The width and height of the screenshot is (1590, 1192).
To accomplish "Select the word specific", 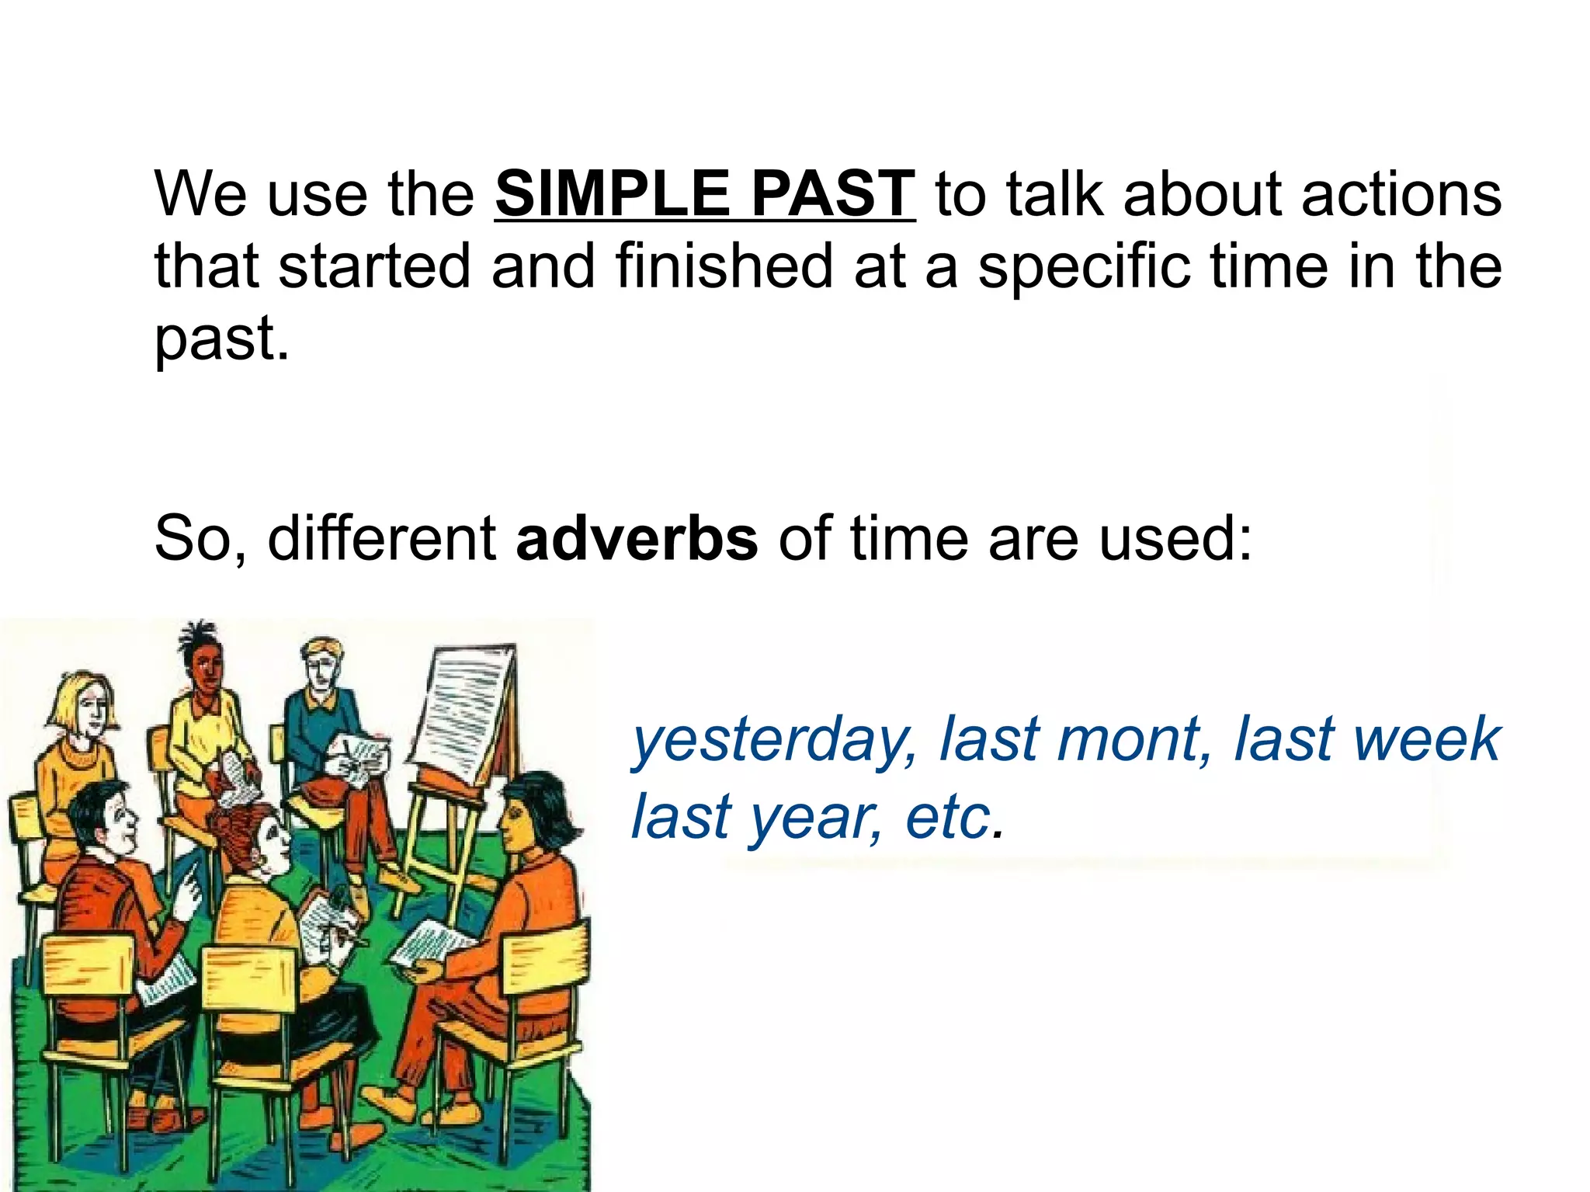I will tap(1084, 266).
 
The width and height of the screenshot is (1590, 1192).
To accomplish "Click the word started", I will tap(374, 266).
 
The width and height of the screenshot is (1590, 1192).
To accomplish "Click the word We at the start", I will tap(200, 193).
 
